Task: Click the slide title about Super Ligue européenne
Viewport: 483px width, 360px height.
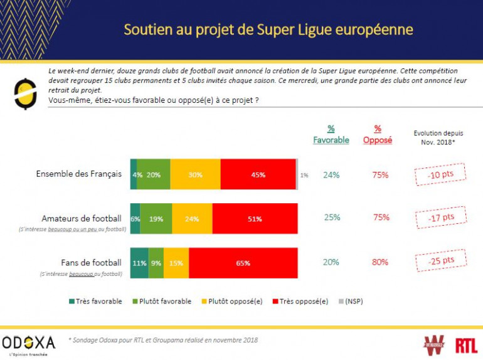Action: click(268, 29)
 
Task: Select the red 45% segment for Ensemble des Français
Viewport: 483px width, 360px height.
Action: click(258, 175)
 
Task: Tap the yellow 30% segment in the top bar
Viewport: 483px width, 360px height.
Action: click(195, 175)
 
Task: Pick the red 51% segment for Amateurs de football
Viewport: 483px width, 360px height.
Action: click(255, 218)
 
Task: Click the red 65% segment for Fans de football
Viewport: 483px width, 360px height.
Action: click(243, 263)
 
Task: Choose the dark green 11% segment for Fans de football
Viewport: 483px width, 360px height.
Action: click(139, 263)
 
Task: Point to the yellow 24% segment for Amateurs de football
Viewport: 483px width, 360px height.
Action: click(192, 218)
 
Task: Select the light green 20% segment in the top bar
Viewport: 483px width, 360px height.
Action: click(154, 175)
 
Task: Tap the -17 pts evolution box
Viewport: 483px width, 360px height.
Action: click(441, 218)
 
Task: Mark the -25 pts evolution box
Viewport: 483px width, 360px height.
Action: click(441, 260)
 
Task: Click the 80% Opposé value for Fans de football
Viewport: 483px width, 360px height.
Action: click(379, 262)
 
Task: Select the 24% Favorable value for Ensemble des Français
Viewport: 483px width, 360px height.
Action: click(331, 175)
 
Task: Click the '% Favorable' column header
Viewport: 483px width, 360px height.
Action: click(331, 135)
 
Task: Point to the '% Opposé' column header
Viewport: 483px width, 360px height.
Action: click(378, 135)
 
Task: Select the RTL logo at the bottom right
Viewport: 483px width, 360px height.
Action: click(466, 345)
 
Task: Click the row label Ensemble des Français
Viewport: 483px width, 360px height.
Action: click(78, 174)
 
